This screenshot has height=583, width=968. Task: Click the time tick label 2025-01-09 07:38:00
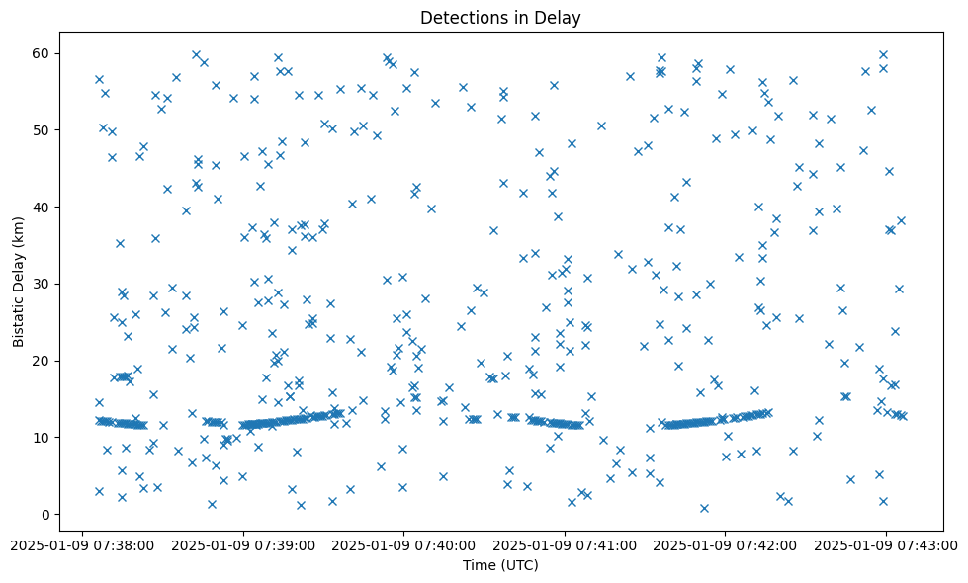83,543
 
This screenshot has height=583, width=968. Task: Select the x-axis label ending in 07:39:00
243,543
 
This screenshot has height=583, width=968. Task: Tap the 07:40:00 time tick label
403,543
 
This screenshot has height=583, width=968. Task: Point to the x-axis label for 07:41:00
565,543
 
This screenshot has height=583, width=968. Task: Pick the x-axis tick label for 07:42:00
725,543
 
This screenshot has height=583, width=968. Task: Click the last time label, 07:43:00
885,543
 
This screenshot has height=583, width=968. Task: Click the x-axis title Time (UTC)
500,565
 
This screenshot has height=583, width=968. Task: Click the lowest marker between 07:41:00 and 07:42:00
704,508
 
